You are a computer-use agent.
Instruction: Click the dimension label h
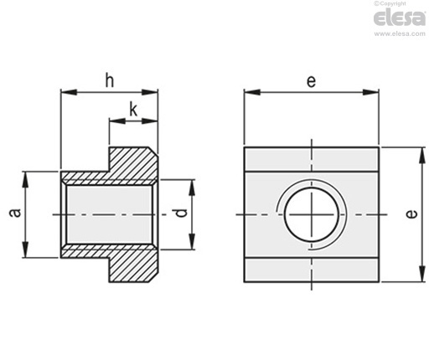pyautogui.click(x=110, y=80)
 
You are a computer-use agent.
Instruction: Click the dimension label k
pyautogui.click(x=134, y=109)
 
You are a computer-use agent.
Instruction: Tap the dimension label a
pyautogui.click(x=15, y=213)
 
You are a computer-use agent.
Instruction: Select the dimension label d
pyautogui.click(x=182, y=213)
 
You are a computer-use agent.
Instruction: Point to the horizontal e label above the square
pyautogui.click(x=311, y=81)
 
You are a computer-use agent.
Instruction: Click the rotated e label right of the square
pyautogui.click(x=412, y=213)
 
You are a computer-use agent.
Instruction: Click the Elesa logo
pyautogui.click(x=400, y=18)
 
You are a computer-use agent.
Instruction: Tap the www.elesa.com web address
pyautogui.click(x=400, y=33)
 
